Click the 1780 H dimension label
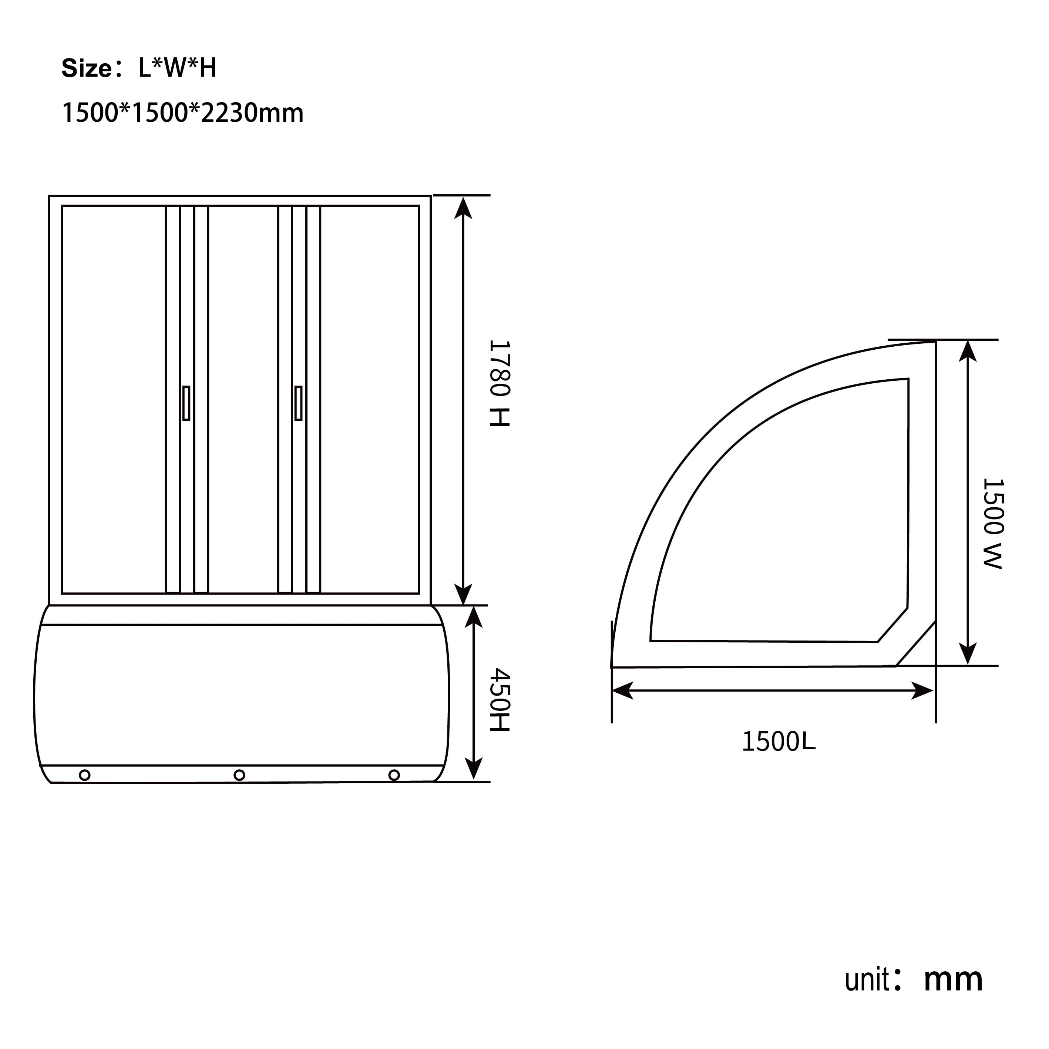[x=500, y=383]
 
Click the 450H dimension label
[x=500, y=700]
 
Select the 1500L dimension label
[x=779, y=742]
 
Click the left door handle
[x=186, y=403]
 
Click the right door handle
[x=298, y=403]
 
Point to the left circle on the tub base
[x=85, y=775]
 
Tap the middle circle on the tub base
[x=239, y=775]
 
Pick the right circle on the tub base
[x=394, y=775]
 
